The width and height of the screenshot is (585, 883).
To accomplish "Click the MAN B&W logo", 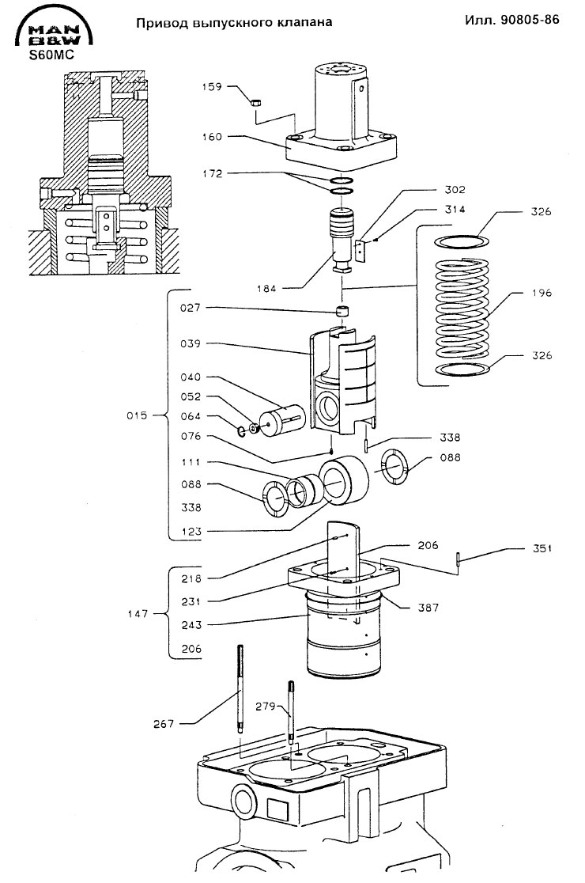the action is point(55,29).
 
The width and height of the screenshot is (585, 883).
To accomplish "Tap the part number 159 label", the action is point(212,87).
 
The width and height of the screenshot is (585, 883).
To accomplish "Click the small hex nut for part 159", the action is point(255,103).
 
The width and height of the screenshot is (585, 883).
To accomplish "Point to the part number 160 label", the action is point(212,137).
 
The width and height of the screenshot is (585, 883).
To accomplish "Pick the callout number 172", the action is point(213,174).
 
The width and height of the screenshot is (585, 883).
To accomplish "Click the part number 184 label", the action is point(266,289).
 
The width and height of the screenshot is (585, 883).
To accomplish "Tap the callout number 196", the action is point(542,293).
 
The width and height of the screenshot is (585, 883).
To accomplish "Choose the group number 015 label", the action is point(137,415).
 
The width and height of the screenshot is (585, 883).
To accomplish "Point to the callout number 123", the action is point(191,532).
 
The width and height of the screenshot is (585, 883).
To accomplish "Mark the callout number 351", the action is point(542,548).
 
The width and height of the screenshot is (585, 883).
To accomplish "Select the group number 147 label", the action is point(138,614).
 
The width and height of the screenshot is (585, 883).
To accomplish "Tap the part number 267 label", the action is point(164,724).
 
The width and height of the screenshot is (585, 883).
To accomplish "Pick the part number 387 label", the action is point(428,608).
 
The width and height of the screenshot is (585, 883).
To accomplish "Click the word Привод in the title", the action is point(161,23).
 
